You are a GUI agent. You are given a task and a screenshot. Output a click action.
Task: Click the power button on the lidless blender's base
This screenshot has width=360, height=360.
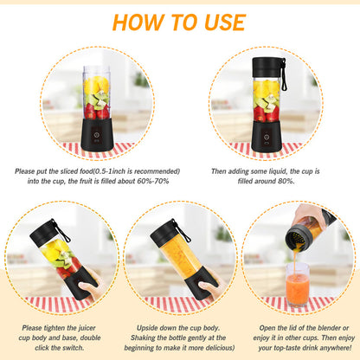(95, 135)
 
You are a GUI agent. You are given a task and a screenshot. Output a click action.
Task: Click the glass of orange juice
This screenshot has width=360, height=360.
(297, 283)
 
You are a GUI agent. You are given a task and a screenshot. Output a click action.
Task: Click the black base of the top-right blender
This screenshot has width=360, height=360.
(266, 136)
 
